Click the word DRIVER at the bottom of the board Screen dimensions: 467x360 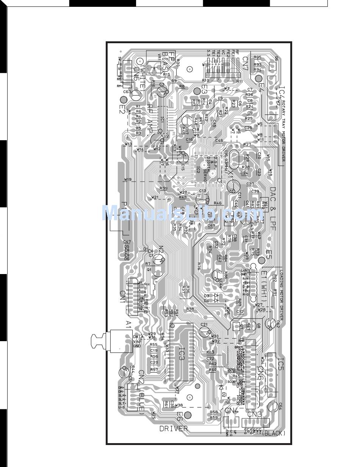pyautogui.click(x=173, y=429)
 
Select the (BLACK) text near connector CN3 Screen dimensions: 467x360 pyautogui.click(x=273, y=433)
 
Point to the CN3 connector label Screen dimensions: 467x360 pyautogui.click(x=254, y=414)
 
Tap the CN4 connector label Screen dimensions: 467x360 pyautogui.click(x=232, y=411)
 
